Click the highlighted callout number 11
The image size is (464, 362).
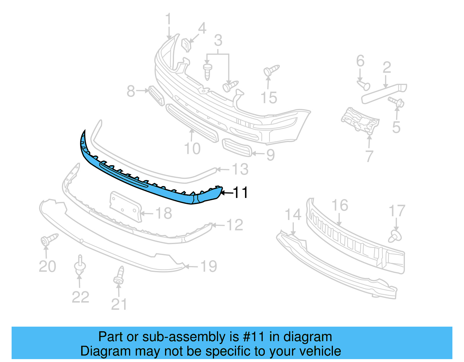[240, 193]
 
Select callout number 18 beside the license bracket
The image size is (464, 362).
[164, 214]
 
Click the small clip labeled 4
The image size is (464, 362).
[187, 45]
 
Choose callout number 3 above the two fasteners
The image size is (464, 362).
[218, 41]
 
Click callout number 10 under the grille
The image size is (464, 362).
[192, 149]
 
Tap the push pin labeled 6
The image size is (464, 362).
[364, 85]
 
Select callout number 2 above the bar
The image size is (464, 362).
[387, 68]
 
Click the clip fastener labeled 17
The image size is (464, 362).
[395, 236]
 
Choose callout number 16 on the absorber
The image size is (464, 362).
[340, 205]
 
